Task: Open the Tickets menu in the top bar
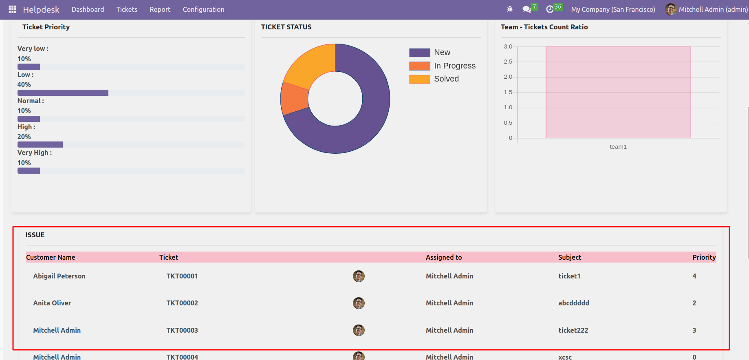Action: [x=127, y=9]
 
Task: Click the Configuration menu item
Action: [x=203, y=9]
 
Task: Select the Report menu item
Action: [x=160, y=9]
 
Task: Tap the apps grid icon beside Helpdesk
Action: [x=12, y=9]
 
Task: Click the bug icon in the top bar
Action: [x=509, y=9]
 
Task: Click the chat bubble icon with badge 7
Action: [x=527, y=9]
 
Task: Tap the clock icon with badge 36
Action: [x=550, y=9]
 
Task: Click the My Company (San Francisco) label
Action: [x=613, y=9]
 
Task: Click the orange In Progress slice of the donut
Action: [x=294, y=98]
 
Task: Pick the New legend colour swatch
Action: [x=419, y=53]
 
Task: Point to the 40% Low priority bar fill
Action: [x=63, y=93]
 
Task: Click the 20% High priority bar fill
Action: [x=40, y=145]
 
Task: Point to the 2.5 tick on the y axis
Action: [x=508, y=62]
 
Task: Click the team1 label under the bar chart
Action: [x=618, y=147]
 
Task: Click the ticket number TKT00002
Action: [x=182, y=303]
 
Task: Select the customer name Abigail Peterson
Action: [x=59, y=276]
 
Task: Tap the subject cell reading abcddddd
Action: [x=573, y=303]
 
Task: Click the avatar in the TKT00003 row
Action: [x=359, y=330]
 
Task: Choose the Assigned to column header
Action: [x=443, y=257]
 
